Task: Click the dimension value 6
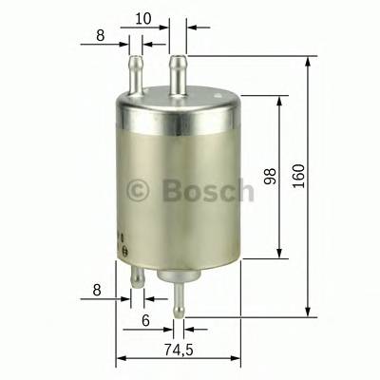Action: pyautogui.click(x=145, y=321)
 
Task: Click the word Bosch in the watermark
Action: pyautogui.click(x=208, y=191)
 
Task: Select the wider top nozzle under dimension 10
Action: pyautogui.click(x=177, y=72)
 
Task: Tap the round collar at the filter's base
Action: pyautogui.click(x=176, y=276)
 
